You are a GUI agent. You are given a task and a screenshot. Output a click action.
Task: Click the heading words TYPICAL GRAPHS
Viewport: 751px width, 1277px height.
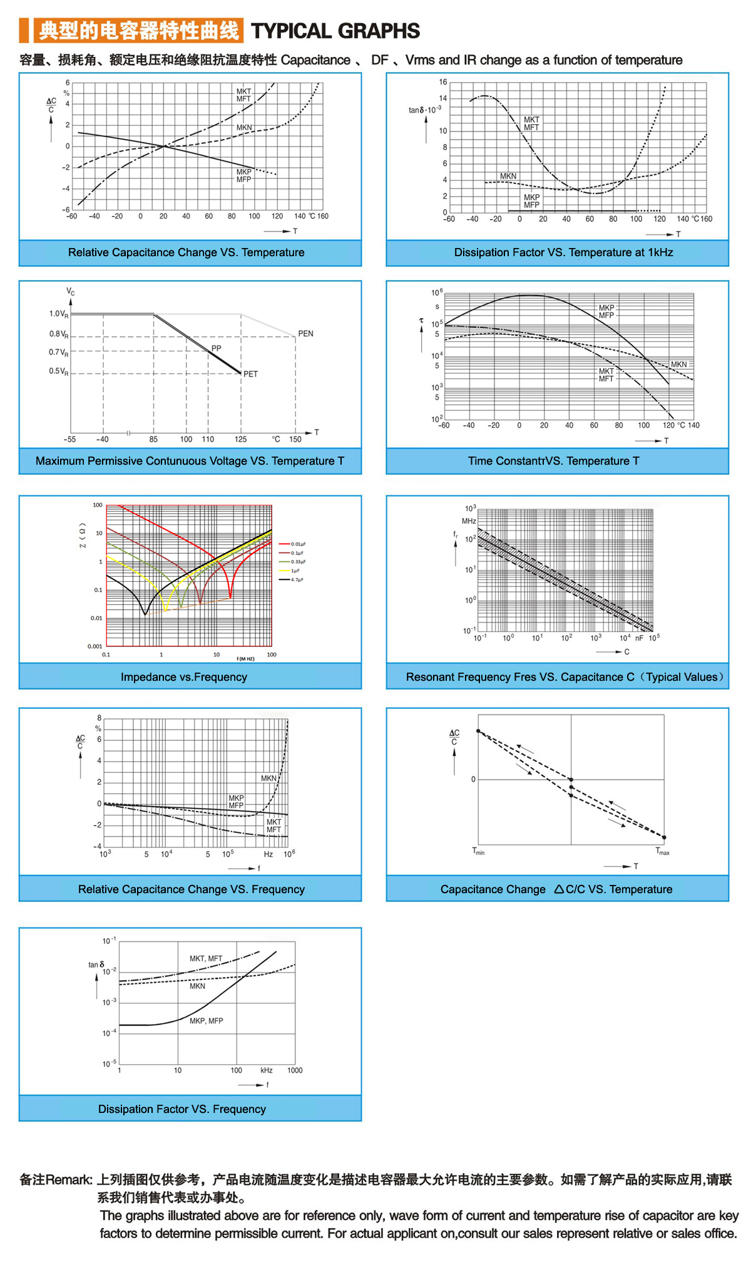tap(335, 31)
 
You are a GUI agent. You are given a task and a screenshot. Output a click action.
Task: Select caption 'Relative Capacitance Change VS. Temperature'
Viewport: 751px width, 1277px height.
tap(186, 252)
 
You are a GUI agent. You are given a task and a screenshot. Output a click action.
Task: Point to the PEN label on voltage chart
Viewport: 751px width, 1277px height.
tap(305, 334)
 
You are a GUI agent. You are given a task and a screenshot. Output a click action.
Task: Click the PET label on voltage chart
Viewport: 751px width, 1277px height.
tap(250, 374)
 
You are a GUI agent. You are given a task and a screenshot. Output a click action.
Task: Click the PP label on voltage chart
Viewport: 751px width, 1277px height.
tap(216, 348)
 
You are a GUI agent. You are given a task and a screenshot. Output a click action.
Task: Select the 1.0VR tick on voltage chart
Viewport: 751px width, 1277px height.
tap(59, 314)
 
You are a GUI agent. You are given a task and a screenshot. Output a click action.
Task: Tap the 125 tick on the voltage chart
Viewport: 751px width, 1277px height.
tap(241, 439)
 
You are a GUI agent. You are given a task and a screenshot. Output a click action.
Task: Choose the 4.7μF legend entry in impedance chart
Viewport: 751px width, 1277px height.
tap(297, 580)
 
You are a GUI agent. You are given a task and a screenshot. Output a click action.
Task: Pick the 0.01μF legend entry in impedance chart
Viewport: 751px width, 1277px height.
tap(298, 544)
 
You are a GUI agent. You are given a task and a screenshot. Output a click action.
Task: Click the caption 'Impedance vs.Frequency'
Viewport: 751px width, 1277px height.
tap(184, 677)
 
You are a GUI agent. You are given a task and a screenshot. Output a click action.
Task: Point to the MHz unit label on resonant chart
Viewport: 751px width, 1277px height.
tap(469, 521)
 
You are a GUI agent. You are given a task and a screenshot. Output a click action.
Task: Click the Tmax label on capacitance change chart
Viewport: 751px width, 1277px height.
tap(662, 851)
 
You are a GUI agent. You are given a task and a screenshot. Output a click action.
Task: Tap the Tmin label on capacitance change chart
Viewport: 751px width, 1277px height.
tap(478, 851)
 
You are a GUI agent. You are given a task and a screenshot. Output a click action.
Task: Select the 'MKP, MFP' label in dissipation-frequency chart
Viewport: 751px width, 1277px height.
tap(207, 1021)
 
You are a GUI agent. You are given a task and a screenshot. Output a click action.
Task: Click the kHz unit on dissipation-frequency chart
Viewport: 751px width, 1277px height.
tap(267, 1070)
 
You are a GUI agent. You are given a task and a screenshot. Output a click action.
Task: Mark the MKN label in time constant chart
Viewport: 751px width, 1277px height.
tap(678, 364)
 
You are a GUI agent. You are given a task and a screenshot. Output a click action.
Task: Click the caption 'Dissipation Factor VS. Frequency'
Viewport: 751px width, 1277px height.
tap(182, 1109)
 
